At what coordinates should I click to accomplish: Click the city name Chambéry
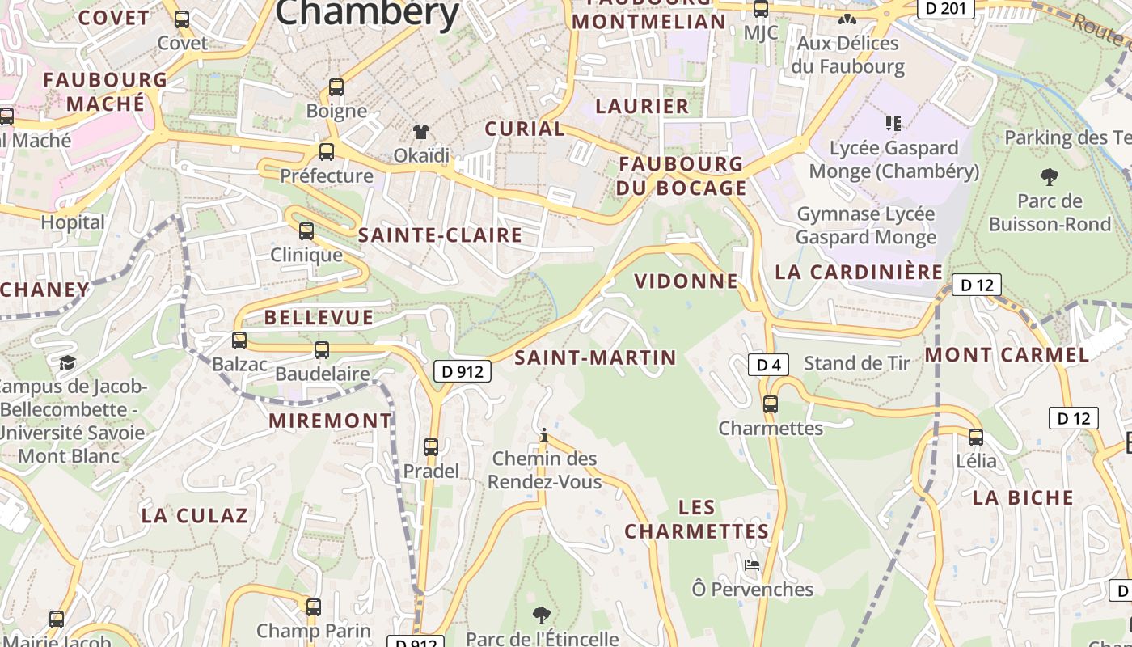pyautogui.click(x=368, y=13)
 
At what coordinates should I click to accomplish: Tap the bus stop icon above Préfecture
pyautogui.click(x=327, y=151)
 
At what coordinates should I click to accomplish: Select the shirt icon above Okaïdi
pyautogui.click(x=420, y=131)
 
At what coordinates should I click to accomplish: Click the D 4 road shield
pyautogui.click(x=768, y=365)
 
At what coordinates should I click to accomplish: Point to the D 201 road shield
pyautogui.click(x=945, y=8)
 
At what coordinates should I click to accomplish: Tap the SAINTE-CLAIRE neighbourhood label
pyautogui.click(x=440, y=235)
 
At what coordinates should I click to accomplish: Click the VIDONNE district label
pyautogui.click(x=686, y=281)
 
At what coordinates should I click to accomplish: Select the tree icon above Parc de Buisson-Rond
pyautogui.click(x=1049, y=176)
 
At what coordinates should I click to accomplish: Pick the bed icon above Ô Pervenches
pyautogui.click(x=752, y=565)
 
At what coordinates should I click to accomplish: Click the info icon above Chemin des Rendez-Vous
pyautogui.click(x=544, y=436)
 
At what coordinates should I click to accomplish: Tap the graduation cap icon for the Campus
pyautogui.click(x=67, y=362)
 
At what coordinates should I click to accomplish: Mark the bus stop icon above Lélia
pyautogui.click(x=976, y=438)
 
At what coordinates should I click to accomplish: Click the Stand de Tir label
pyautogui.click(x=857, y=363)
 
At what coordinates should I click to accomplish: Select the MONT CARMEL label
pyautogui.click(x=1007, y=355)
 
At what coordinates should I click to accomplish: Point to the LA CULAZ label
pyautogui.click(x=194, y=516)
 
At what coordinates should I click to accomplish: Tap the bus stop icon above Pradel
pyautogui.click(x=431, y=446)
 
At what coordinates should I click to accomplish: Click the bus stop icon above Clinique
pyautogui.click(x=306, y=230)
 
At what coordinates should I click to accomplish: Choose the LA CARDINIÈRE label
pyautogui.click(x=859, y=272)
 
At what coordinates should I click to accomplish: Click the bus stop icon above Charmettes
pyautogui.click(x=771, y=404)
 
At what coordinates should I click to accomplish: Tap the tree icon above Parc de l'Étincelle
pyautogui.click(x=542, y=615)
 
